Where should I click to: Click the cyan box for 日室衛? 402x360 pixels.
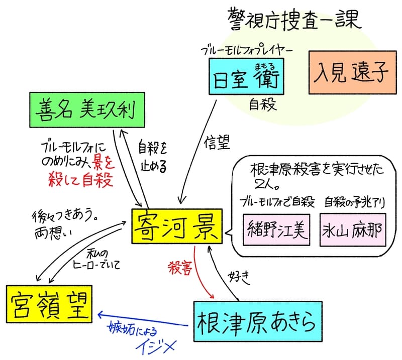pos(246,76)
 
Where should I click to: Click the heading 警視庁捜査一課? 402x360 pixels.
pos(294,20)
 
